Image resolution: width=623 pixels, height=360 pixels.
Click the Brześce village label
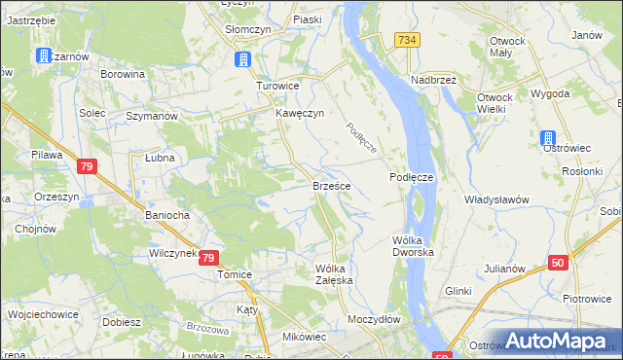[x=331, y=184]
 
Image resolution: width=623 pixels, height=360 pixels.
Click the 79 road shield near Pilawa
[x=87, y=167]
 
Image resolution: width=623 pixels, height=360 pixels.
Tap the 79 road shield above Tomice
[x=208, y=258]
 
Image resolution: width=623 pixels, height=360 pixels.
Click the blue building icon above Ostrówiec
[x=548, y=138]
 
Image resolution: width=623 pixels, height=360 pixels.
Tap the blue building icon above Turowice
[x=241, y=60]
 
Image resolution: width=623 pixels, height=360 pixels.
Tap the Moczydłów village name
[x=374, y=319]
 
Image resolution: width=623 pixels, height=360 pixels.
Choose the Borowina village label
[x=123, y=73]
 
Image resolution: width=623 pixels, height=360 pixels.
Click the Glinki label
[x=458, y=291]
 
